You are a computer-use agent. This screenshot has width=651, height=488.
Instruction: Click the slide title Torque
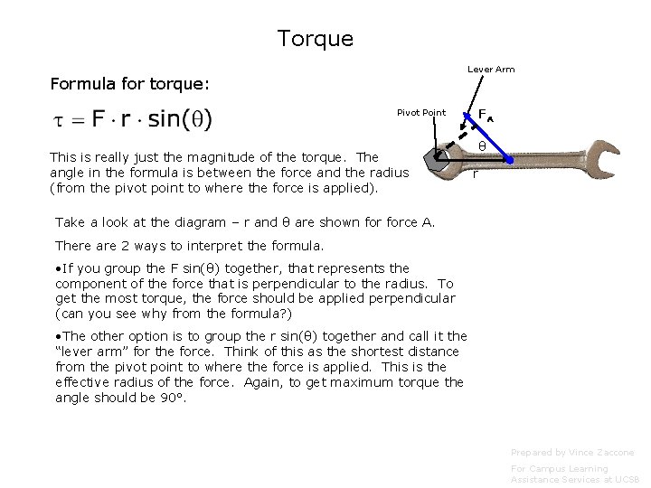click(x=316, y=39)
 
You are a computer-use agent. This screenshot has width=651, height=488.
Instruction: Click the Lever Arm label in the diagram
click(x=491, y=70)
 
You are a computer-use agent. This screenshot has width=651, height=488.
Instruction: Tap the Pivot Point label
click(x=421, y=113)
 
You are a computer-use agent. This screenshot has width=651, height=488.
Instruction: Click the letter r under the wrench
click(x=476, y=174)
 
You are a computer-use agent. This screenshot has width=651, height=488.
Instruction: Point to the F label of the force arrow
click(x=485, y=115)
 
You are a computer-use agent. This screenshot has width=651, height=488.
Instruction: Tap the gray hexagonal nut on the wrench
click(x=439, y=161)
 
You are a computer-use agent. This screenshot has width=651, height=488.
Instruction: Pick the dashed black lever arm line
click(x=458, y=134)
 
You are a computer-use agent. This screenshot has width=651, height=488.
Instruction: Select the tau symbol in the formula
click(x=61, y=119)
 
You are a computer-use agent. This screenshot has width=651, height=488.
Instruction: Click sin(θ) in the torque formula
click(x=181, y=118)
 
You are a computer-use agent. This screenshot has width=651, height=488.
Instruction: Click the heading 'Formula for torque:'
click(x=129, y=84)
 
